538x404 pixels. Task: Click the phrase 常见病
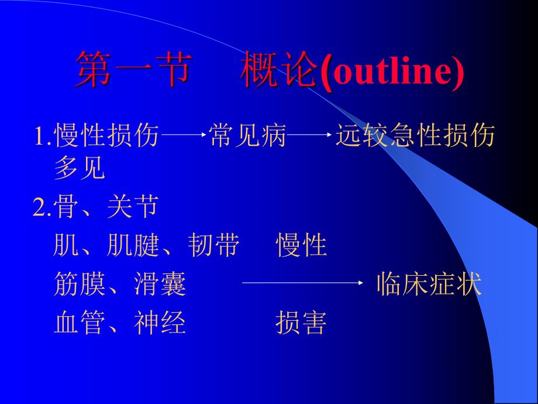click(x=247, y=136)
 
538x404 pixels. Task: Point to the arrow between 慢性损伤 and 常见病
click(x=183, y=136)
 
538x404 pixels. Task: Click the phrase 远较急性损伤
click(x=415, y=136)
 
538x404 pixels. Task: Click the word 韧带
click(x=213, y=246)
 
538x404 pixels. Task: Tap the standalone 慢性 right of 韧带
click(x=301, y=246)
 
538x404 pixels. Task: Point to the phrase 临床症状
click(x=429, y=284)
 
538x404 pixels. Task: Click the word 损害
click(x=301, y=323)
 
